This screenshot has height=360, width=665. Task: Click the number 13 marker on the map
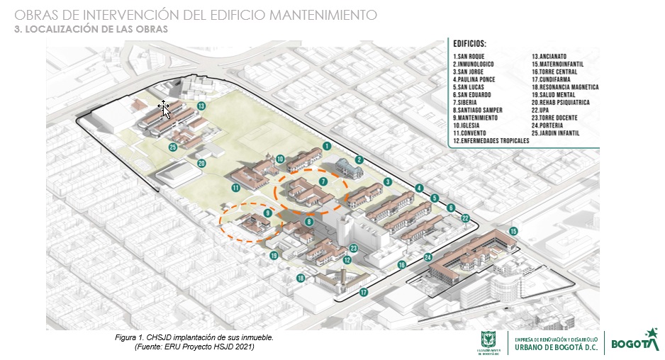pos(201,106)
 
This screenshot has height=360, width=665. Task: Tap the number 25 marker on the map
pos(172,147)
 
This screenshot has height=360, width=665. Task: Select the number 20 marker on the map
pos(201,164)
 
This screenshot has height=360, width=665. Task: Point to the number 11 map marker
pos(235,188)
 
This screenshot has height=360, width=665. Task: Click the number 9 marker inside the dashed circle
pos(267,213)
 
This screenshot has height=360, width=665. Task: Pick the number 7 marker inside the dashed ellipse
pos(323,182)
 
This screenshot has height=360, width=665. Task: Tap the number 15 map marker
pos(513,231)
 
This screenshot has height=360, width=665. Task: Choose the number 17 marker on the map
pos(364,292)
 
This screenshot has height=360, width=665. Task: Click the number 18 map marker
pos(301,279)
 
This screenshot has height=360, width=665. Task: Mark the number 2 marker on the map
pos(359,160)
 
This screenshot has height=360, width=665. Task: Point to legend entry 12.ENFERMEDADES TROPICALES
pos(491,141)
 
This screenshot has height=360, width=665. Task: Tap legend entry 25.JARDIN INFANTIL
pos(565,133)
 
